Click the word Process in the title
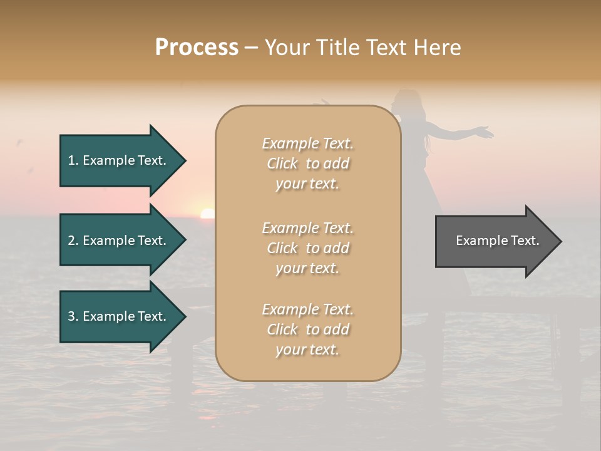point(197,48)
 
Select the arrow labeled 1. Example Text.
point(119,160)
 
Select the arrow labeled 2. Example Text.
point(119,241)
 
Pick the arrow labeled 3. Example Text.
point(119,316)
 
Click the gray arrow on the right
point(495,241)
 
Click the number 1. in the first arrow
point(73,160)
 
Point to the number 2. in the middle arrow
point(73,241)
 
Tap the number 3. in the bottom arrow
point(73,316)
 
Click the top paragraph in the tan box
point(307,163)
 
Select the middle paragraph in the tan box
point(307,248)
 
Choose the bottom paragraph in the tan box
point(307,329)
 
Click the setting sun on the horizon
point(207,214)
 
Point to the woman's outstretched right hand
point(484,131)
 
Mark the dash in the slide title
point(251,48)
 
